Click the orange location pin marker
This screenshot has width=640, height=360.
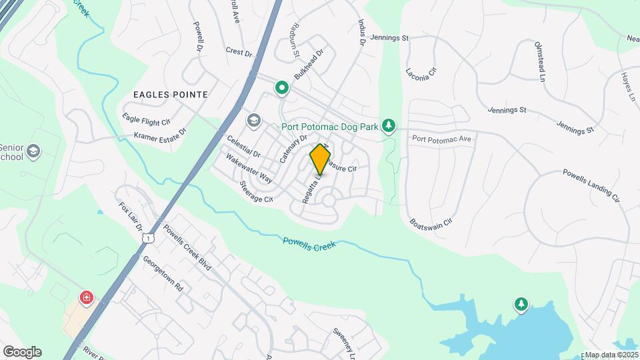tap(320, 160)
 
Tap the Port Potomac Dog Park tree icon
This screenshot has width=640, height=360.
tap(389, 126)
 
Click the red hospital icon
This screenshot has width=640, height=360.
tap(86, 297)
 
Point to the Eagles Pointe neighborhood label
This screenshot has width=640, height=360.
tap(170, 95)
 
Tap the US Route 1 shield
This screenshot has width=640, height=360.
tap(152, 237)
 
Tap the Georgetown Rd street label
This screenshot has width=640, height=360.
tap(162, 275)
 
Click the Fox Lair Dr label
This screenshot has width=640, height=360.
tap(131, 217)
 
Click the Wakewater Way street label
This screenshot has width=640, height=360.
tap(249, 169)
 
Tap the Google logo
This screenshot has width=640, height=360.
tap(22, 351)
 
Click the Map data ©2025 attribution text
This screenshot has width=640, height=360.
tap(611, 355)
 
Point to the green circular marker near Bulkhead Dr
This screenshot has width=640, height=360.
tap(282, 87)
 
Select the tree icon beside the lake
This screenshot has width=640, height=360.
tap(521, 305)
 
